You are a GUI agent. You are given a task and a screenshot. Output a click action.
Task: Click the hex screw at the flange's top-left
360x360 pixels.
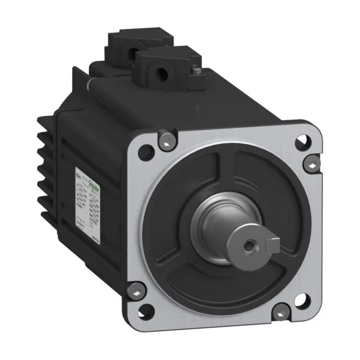coord(166,141)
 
